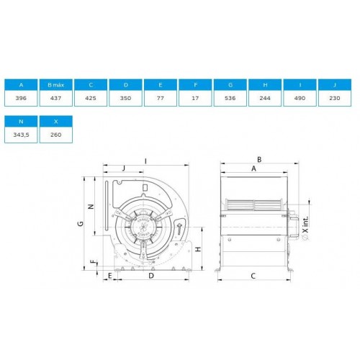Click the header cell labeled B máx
tap(56, 85)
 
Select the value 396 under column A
tap(21, 98)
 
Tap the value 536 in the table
tap(230, 98)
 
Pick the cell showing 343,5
tap(21, 135)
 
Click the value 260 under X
tap(56, 135)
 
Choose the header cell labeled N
tap(21, 122)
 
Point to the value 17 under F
tap(195, 98)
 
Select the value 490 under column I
tap(300, 98)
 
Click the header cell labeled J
tap(335, 85)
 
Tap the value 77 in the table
tap(161, 98)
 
